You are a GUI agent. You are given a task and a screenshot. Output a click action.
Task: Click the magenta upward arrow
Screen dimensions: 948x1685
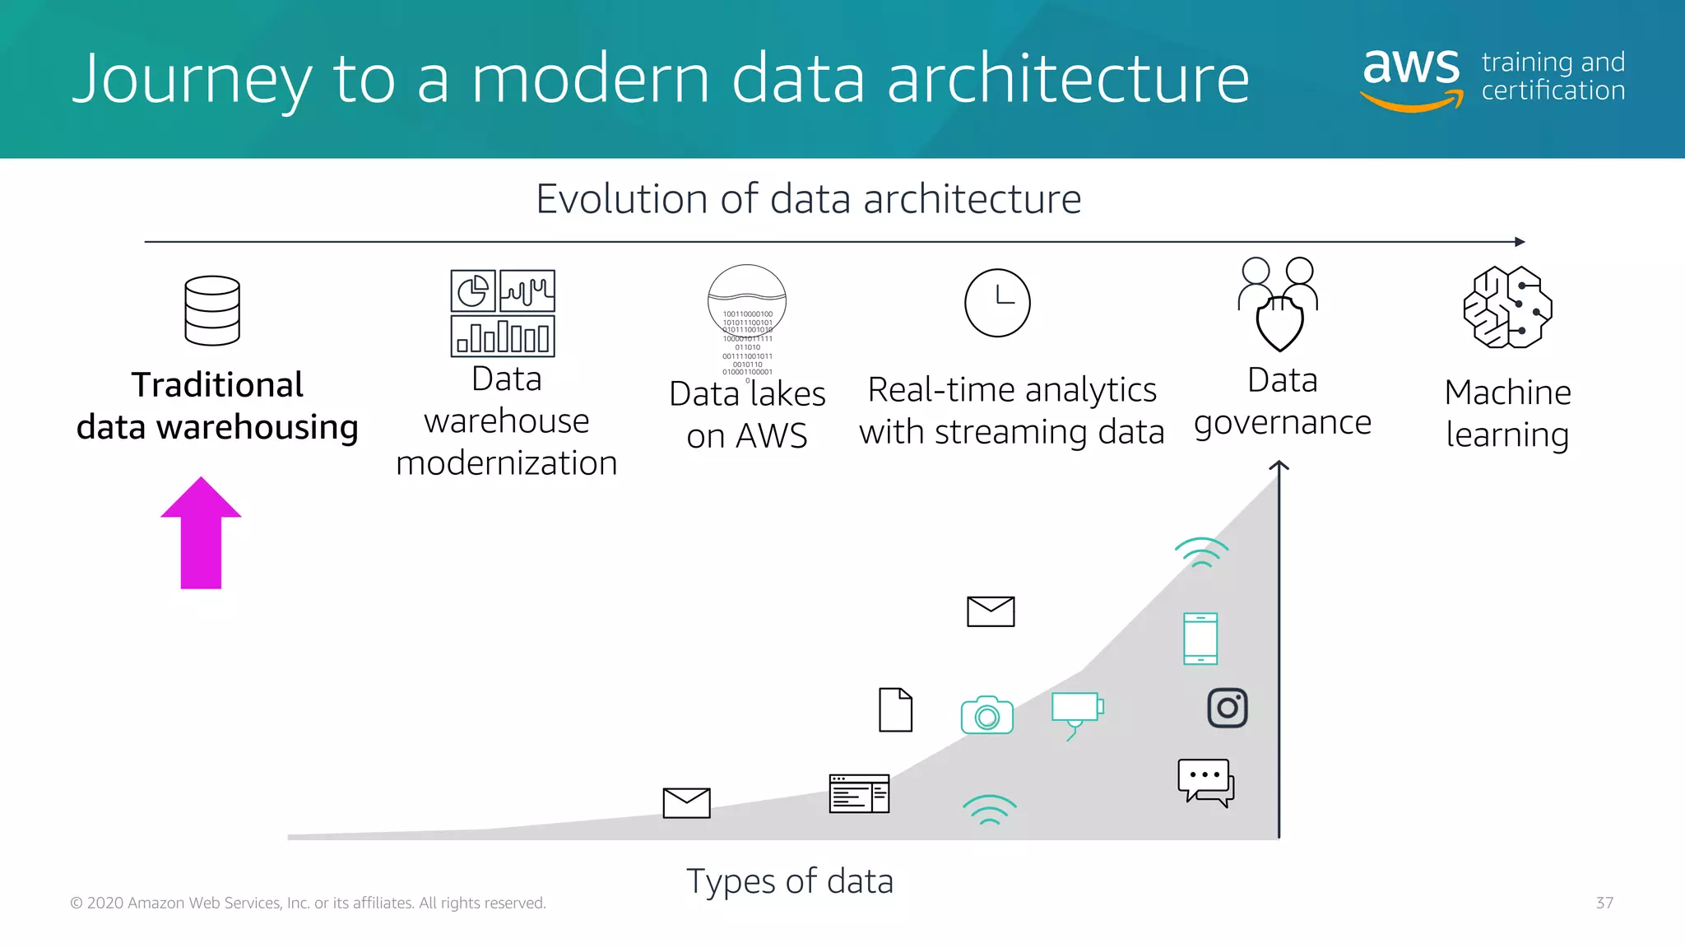pos(201,535)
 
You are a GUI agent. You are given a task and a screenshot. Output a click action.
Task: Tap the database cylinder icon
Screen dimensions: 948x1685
pos(212,310)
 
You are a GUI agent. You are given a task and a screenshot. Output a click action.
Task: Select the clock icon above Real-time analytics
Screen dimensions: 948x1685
pos(997,303)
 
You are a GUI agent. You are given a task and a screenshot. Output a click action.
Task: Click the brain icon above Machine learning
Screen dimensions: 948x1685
pos(1507,307)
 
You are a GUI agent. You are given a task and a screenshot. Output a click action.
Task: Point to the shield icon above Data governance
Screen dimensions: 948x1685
pos(1279,323)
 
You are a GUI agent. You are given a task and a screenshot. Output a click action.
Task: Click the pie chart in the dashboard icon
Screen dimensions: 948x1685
pos(473,290)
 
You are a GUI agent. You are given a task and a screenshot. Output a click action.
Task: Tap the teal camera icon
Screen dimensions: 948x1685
pos(986,715)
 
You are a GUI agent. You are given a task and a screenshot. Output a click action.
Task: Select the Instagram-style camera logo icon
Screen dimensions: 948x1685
pos(1227,708)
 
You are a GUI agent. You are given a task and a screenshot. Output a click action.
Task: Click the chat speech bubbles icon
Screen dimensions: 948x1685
pos(1206,783)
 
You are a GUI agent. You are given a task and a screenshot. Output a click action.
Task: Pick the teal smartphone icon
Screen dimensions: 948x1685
pos(1200,639)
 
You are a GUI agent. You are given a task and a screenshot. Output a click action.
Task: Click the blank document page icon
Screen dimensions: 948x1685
pos(895,709)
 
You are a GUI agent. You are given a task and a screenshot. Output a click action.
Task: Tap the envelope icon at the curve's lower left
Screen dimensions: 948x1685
pos(686,802)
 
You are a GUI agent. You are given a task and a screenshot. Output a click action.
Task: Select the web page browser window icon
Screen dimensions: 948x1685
pos(859,793)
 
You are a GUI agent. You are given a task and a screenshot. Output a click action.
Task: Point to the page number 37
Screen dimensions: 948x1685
pos(1604,903)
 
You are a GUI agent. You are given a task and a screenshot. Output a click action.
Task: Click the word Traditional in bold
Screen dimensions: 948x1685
pos(217,385)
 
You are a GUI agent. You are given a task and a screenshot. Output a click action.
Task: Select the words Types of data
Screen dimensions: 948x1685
pos(789,881)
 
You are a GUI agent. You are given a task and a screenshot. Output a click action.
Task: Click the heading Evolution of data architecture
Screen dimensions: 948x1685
pos(808,199)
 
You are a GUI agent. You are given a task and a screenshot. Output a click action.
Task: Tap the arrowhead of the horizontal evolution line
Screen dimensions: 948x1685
pos(1520,242)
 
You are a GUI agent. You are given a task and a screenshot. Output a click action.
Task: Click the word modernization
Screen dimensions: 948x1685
pos(506,463)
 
